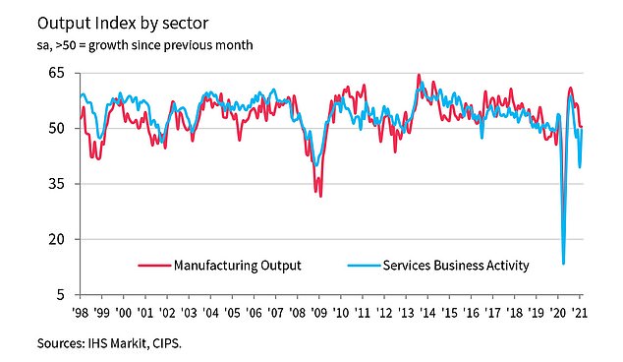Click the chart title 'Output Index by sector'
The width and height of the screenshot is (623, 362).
(122, 21)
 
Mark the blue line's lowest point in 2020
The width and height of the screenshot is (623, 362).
(563, 263)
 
